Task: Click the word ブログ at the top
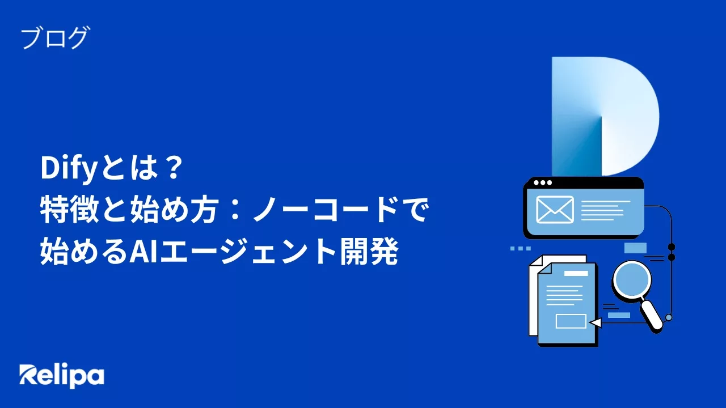click(x=55, y=38)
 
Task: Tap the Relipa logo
click(x=62, y=376)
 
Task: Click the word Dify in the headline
click(x=69, y=168)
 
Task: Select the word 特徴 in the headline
click(x=69, y=210)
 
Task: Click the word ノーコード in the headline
click(x=326, y=210)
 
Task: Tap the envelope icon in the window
click(x=555, y=210)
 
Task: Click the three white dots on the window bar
click(x=543, y=182)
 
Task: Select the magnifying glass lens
click(x=631, y=282)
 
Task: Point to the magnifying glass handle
click(x=652, y=316)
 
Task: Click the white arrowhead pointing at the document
click(x=595, y=323)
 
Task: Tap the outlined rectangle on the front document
click(x=571, y=321)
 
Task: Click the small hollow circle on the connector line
click(x=668, y=318)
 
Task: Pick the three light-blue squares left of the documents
click(x=521, y=248)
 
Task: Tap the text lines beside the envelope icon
click(x=605, y=210)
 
